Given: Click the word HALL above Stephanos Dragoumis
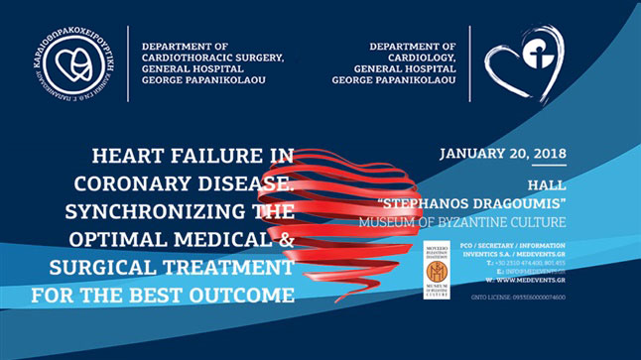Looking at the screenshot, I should (x=458, y=185).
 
